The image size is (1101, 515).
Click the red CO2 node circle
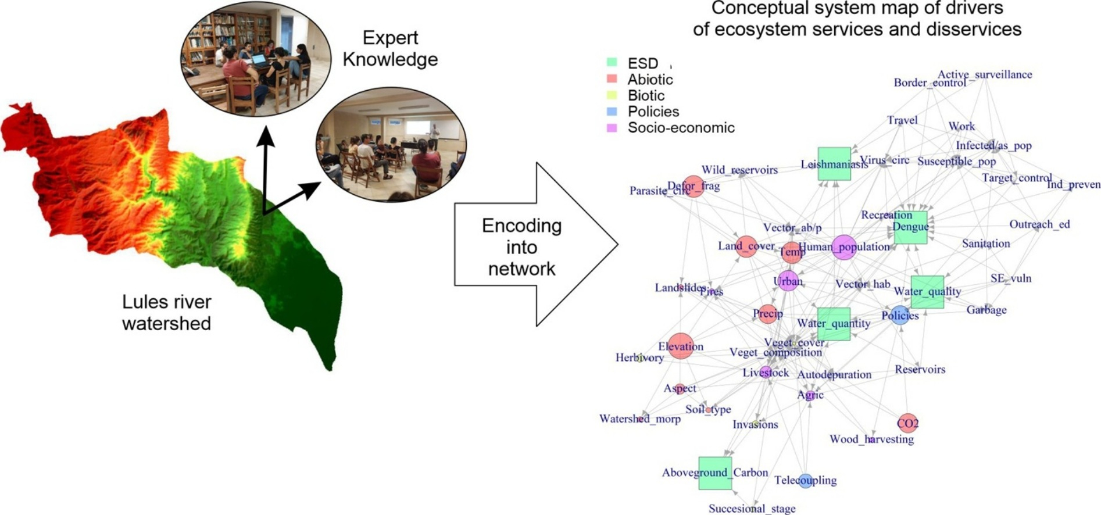(907, 423)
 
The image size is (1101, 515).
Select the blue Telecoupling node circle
(805, 481)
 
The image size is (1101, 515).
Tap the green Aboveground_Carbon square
(715, 473)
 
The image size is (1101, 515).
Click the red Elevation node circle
(680, 346)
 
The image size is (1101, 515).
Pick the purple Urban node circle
(788, 281)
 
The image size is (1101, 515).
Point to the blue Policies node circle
(900, 316)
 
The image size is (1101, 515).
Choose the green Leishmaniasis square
(834, 164)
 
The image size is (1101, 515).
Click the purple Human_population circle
(844, 248)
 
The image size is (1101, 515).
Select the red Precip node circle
(767, 314)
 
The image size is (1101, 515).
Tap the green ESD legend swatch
(612, 62)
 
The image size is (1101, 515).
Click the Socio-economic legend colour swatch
(612, 127)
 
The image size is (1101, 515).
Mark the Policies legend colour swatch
(612, 111)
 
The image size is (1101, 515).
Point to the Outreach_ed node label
(1039, 224)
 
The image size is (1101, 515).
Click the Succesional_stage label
(752, 509)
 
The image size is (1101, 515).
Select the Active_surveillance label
(985, 74)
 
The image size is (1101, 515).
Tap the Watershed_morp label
(639, 419)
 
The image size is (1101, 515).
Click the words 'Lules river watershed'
(167, 312)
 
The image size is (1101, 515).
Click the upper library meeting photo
(256, 58)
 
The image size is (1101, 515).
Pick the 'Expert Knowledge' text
(390, 48)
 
